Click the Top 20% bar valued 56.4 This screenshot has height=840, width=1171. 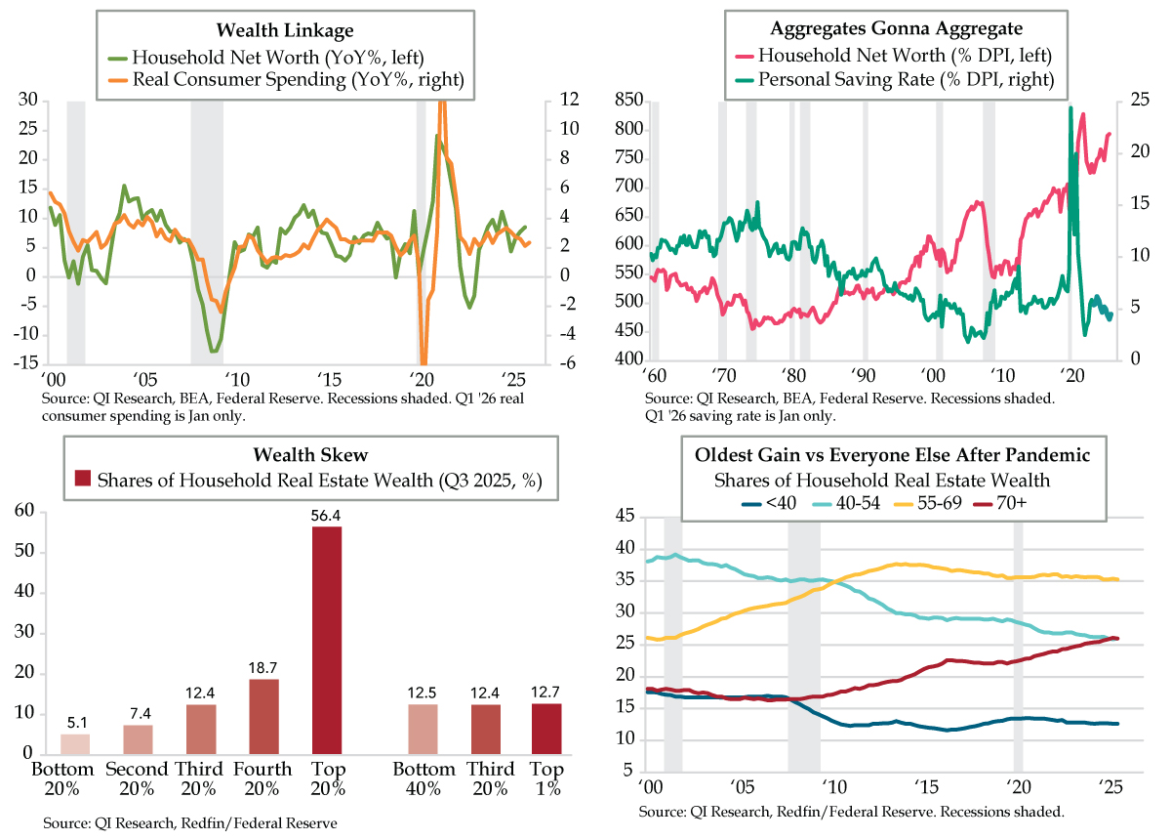click(x=327, y=640)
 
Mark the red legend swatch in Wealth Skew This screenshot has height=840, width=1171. click(x=85, y=481)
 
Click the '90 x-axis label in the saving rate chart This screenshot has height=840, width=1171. click(x=863, y=374)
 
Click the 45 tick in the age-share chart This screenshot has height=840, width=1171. click(x=623, y=518)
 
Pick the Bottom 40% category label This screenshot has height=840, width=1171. click(x=424, y=778)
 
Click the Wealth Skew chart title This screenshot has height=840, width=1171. click(x=311, y=454)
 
